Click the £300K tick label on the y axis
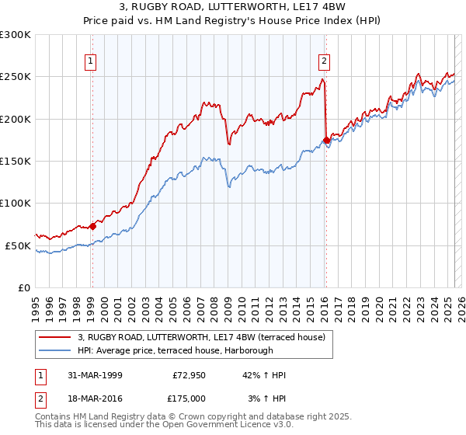(16, 35)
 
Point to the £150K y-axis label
(16, 162)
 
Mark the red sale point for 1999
(92, 226)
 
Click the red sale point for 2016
(325, 141)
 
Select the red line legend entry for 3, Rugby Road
(205, 336)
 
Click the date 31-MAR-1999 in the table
(96, 376)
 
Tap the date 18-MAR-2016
(96, 398)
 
